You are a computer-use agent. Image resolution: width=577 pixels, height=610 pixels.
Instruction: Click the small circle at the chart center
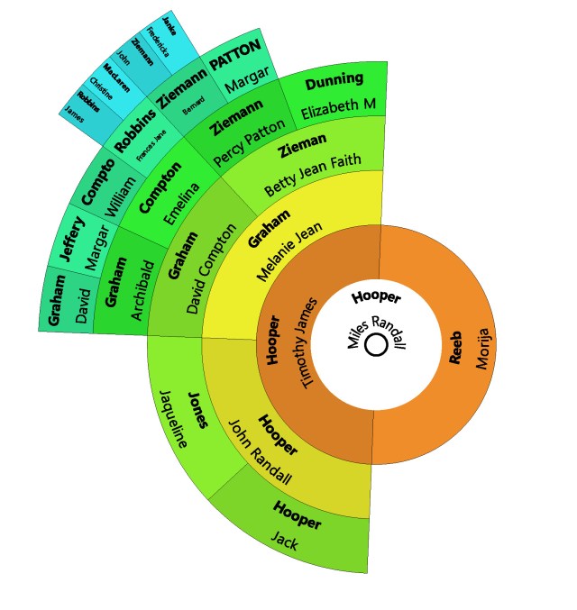tap(376, 345)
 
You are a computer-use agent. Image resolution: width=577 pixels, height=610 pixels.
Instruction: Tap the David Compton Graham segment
tap(194, 270)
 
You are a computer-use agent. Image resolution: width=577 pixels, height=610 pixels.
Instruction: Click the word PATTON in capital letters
tap(234, 64)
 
